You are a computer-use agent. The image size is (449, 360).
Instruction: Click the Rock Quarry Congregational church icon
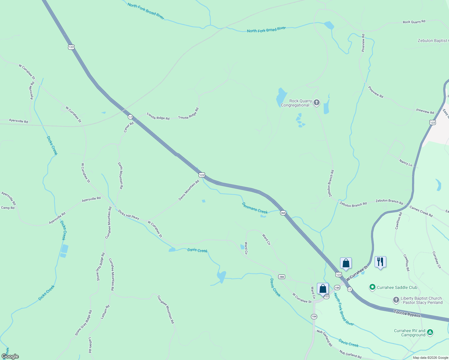316,103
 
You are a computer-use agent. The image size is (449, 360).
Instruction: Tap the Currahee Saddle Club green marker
372,287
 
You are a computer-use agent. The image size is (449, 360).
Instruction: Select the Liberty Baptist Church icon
396,300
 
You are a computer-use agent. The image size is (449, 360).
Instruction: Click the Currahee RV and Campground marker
430,332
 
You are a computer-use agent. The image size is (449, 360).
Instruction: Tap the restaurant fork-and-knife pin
380,262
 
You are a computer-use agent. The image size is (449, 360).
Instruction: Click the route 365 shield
283,213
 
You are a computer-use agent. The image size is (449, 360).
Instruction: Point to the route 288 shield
282,277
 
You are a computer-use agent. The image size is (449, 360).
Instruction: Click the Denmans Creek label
255,208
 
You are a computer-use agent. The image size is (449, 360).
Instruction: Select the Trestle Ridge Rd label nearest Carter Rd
158,116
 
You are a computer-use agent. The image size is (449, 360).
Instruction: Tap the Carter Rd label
129,127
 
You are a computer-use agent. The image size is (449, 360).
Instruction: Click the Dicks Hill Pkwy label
128,214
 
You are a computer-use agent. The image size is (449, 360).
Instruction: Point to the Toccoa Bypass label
407,313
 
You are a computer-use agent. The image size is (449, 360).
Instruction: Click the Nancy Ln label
405,163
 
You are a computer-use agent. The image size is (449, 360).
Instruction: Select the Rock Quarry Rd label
414,22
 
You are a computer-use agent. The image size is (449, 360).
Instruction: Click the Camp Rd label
8,208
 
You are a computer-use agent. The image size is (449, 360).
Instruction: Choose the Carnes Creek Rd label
421,211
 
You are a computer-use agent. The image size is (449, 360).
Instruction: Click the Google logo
10,356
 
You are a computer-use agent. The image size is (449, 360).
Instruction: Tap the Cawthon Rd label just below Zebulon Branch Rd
398,221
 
